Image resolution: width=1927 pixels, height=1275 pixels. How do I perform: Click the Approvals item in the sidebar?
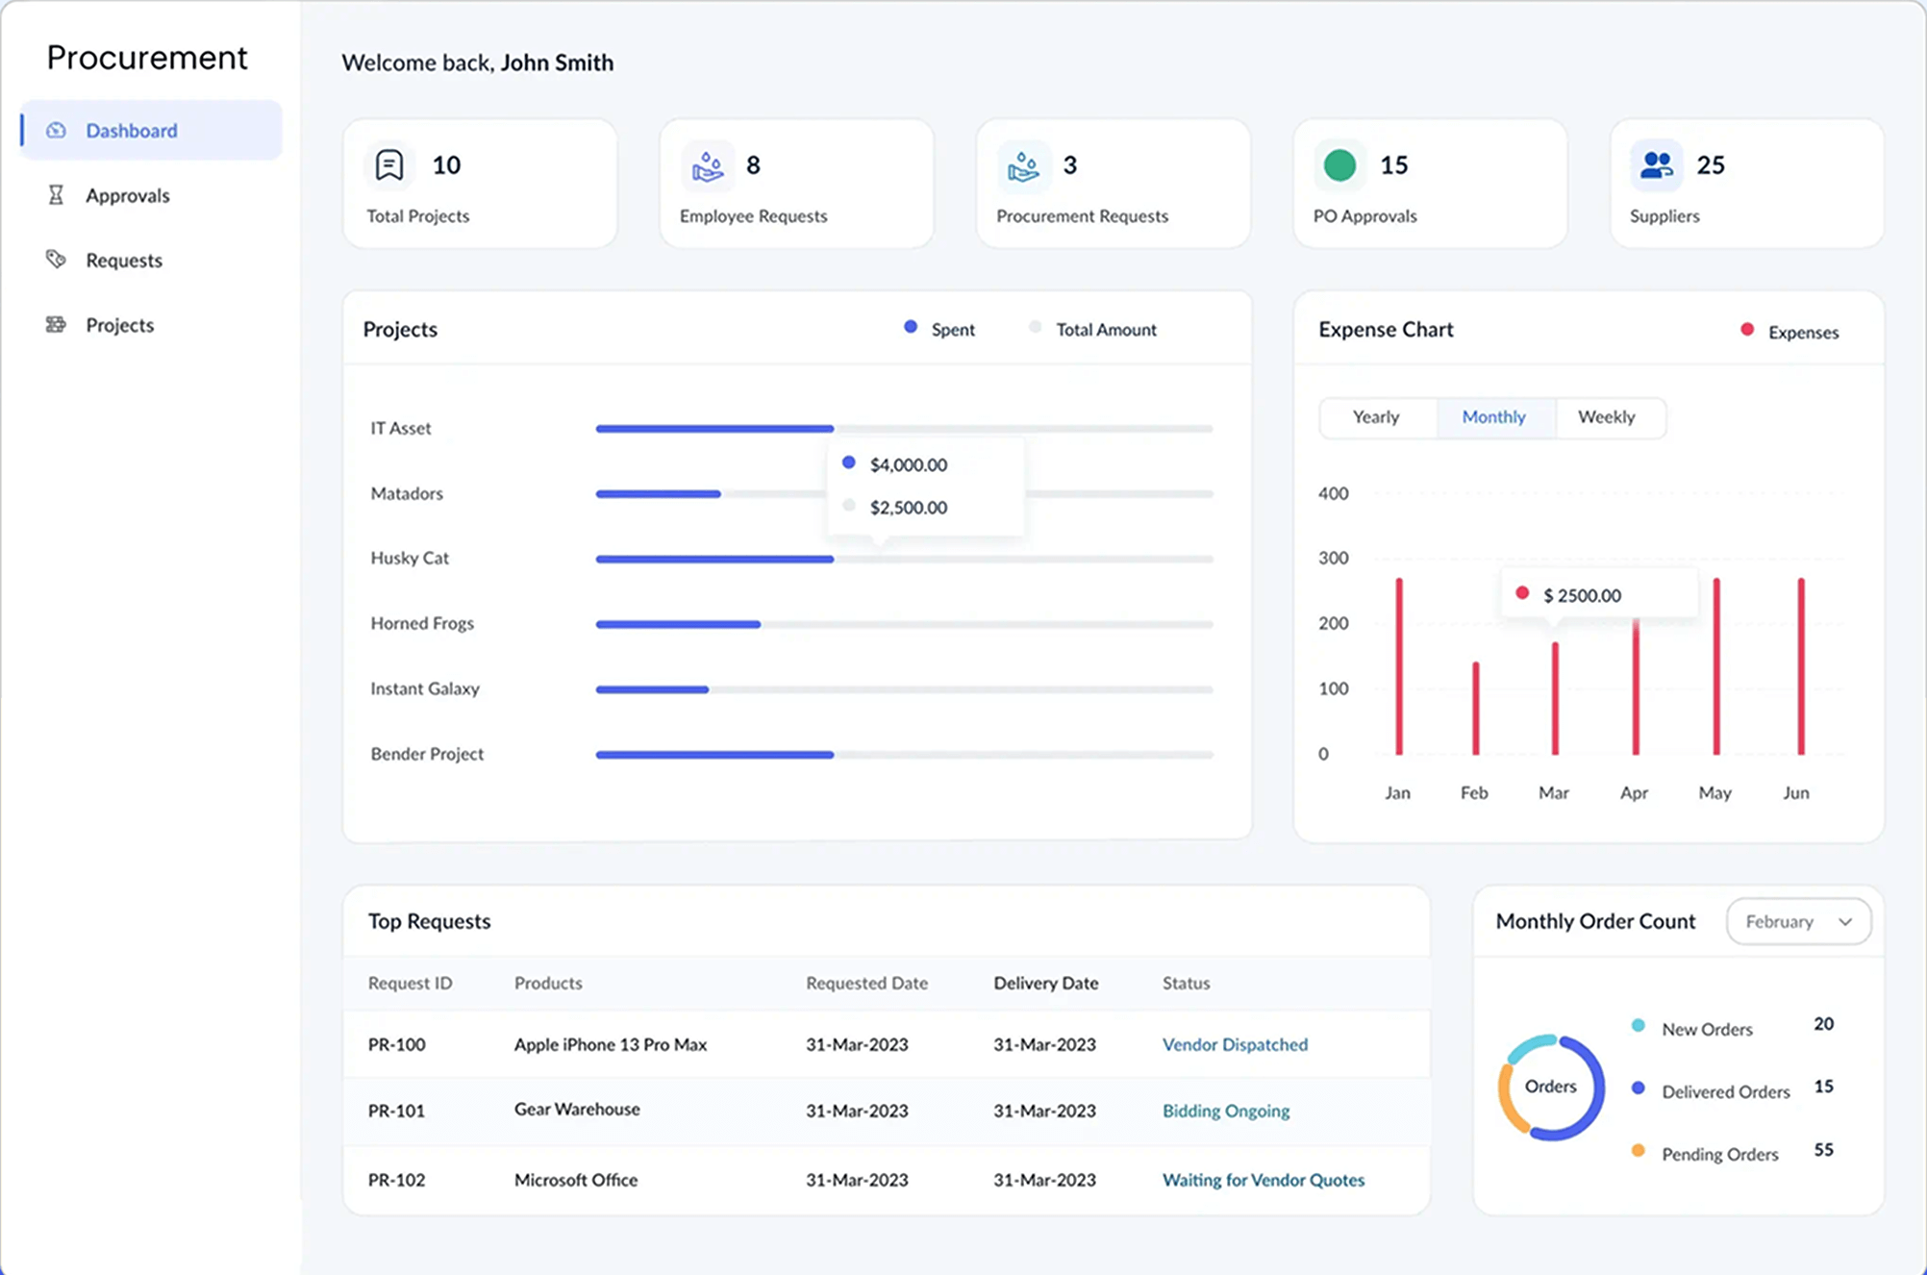[127, 195]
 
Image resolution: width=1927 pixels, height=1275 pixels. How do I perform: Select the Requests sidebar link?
[123, 260]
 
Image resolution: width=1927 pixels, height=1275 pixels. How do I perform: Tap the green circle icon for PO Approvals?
[1339, 165]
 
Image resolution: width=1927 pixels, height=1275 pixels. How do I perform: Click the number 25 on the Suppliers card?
[1710, 165]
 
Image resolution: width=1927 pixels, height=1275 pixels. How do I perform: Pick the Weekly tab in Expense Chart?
[1606, 417]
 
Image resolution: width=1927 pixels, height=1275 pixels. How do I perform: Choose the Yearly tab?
[1375, 417]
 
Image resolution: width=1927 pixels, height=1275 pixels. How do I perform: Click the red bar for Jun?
[1800, 666]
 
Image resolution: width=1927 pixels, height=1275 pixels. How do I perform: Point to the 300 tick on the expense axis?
[1333, 558]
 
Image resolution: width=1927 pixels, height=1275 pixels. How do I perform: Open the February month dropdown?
[1797, 921]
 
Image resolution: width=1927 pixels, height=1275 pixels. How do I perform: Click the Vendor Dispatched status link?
[1235, 1044]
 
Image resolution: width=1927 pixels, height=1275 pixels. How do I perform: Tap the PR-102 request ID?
[396, 1180]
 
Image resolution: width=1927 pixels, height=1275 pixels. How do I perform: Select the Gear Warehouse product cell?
[577, 1109]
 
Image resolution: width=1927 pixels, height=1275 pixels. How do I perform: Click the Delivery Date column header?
[1045, 983]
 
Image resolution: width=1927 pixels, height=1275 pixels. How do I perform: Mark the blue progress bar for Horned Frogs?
[678, 624]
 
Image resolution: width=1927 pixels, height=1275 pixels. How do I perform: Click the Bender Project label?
[427, 754]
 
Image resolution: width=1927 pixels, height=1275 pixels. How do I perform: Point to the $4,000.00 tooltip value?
[908, 464]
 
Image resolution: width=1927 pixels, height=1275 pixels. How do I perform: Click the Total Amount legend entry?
[1105, 330]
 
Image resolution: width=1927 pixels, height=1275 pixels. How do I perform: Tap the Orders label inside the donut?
[1550, 1087]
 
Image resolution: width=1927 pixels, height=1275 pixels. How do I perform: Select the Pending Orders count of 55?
[1822, 1150]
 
